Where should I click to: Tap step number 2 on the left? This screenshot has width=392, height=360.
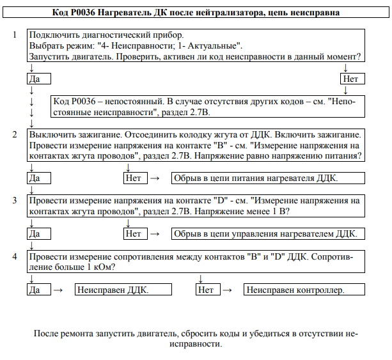(15, 134)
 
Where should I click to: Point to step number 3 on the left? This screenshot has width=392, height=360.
(15, 200)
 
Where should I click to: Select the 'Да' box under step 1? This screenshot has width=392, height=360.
(39, 79)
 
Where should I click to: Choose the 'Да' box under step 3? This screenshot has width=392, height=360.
(39, 233)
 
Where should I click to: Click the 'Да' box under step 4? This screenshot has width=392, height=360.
(39, 290)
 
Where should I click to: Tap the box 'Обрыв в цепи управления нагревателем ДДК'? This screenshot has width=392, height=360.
(265, 233)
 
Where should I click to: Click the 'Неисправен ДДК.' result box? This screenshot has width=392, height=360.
(112, 290)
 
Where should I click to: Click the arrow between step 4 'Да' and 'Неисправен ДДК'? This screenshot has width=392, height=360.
(58, 290)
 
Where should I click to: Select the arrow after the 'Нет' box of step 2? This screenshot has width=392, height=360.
(153, 177)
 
